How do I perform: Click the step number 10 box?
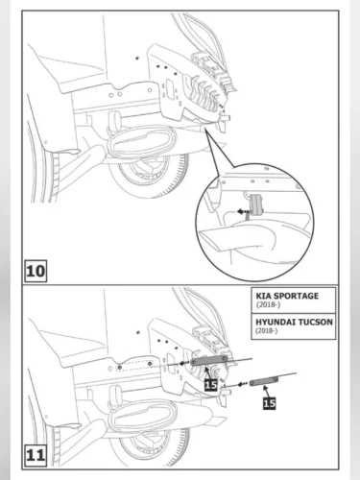coord(36,271)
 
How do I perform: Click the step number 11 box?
coord(36,455)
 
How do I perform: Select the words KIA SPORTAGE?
coord(287,296)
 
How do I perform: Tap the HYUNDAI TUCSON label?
coord(294,322)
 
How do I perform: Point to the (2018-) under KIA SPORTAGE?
coord(268,304)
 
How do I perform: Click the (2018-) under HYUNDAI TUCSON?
coord(267,330)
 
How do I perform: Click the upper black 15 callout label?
coord(211,384)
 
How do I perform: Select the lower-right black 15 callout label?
coord(270,403)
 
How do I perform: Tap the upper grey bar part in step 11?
coord(209,360)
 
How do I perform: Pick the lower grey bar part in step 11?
coord(264,381)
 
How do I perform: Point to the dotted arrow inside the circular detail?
coord(243,211)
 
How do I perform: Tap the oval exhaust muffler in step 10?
coord(142,141)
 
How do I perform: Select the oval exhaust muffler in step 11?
coord(142,416)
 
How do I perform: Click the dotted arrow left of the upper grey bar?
coord(184,363)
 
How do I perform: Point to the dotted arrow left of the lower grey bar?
coord(243,384)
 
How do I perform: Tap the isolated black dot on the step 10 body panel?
coord(137,58)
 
